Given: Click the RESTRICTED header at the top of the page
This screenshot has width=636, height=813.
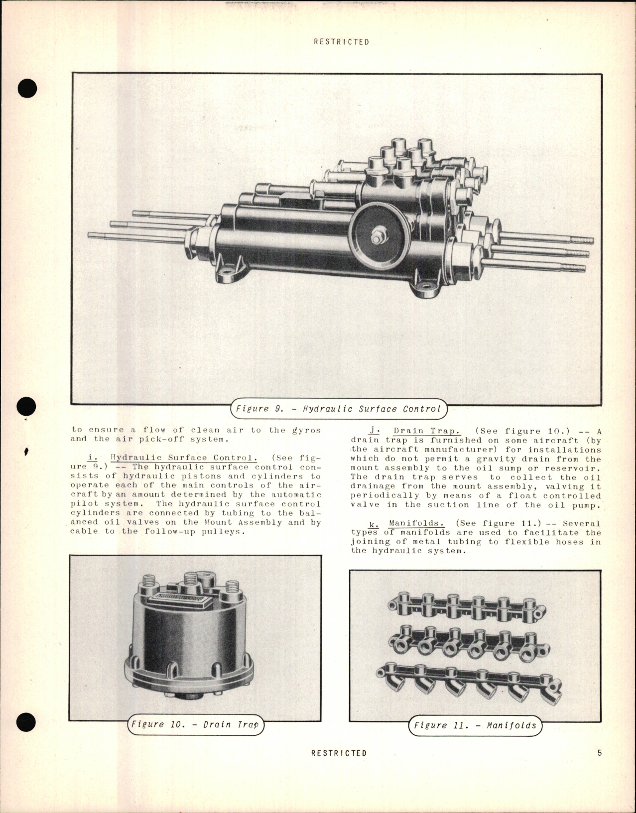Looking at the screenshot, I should point(341,42).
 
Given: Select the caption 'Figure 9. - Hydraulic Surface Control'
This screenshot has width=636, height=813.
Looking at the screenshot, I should point(338,409).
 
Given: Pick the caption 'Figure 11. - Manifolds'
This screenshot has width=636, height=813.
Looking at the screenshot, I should point(475,725).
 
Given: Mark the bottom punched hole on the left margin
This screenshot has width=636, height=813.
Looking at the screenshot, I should point(26,724).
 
